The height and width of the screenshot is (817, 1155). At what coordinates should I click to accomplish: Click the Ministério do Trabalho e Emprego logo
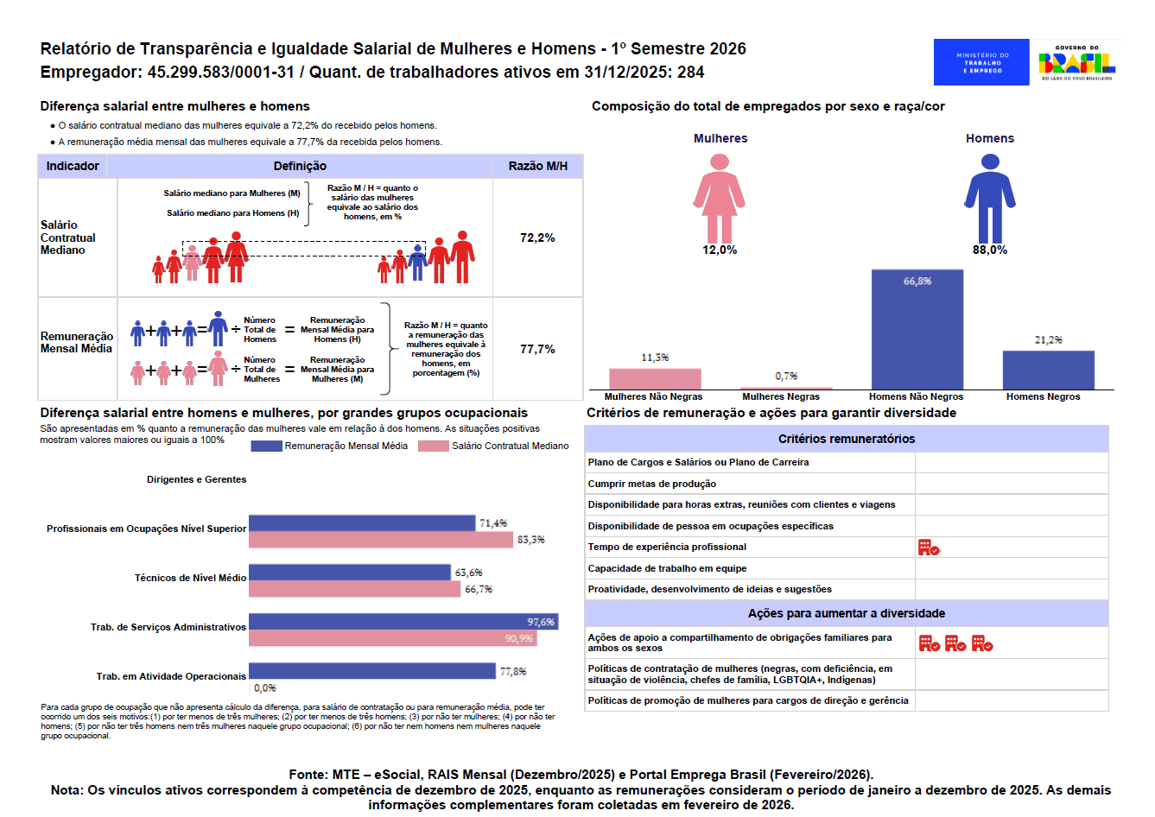(x=981, y=62)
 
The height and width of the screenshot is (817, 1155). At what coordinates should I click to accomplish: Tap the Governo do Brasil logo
(x=1076, y=62)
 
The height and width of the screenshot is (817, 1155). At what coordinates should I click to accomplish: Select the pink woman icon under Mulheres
(x=720, y=199)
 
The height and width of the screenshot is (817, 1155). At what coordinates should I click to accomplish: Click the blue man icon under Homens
(x=990, y=199)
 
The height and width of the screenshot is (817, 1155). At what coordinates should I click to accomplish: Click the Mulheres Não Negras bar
(x=655, y=379)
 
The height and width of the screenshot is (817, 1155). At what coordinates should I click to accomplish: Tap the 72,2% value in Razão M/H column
(x=537, y=237)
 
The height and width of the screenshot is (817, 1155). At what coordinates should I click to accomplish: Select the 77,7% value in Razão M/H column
(x=537, y=349)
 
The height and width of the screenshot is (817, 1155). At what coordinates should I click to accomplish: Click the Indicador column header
(x=73, y=166)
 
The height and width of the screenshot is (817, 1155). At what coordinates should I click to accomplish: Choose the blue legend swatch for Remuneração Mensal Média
(x=266, y=446)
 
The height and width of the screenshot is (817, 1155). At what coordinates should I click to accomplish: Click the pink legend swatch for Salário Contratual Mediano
(x=433, y=446)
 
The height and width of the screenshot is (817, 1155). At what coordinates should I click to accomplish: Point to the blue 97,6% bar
(x=403, y=622)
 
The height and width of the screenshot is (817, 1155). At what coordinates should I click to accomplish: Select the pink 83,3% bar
(x=381, y=540)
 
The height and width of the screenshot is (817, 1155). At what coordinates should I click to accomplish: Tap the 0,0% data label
(x=265, y=688)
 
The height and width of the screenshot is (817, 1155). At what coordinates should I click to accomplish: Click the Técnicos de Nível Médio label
(x=190, y=578)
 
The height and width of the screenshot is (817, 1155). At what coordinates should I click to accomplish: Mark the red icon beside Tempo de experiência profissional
(x=929, y=548)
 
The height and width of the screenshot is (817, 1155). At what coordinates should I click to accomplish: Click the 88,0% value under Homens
(x=990, y=250)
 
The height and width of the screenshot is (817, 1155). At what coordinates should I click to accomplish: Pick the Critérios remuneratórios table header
(x=846, y=439)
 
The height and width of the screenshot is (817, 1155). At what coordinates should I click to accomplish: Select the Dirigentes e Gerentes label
(x=196, y=479)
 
